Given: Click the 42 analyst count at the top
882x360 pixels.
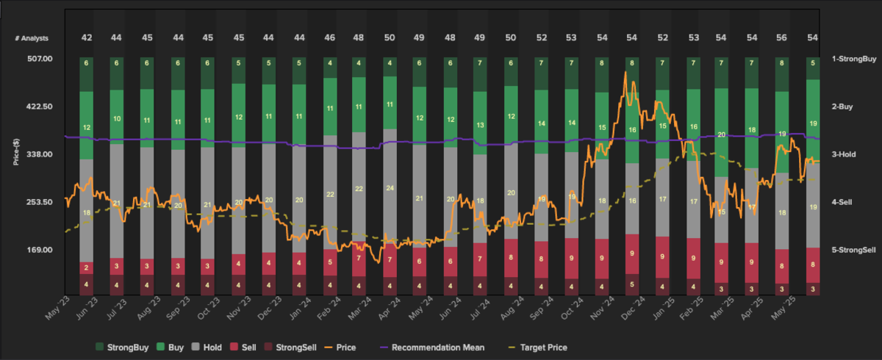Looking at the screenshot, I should [87, 37].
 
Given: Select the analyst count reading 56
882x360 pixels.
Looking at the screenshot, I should [782, 37].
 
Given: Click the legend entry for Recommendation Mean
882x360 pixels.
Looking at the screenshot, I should [431, 347].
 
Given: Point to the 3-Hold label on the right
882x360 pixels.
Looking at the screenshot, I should [849, 154].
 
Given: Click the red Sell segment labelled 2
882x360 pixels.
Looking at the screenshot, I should [87, 267].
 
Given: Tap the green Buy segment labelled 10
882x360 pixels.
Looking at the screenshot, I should [117, 118].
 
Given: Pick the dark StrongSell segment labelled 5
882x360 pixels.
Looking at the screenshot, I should [631, 284].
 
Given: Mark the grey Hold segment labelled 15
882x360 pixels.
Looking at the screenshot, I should [721, 212].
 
